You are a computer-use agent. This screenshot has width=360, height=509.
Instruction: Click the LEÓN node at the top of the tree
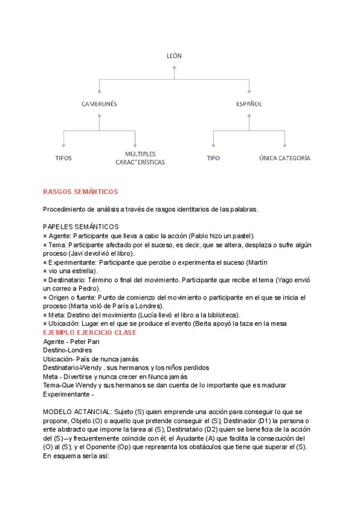pos(174,56)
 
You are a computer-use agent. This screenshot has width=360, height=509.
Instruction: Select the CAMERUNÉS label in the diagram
pos(99,104)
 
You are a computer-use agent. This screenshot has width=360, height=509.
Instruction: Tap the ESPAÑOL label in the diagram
pos(249,104)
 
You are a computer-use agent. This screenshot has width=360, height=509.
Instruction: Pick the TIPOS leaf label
pos(63,158)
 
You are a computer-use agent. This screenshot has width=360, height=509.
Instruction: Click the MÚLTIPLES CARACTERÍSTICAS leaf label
pos(140,158)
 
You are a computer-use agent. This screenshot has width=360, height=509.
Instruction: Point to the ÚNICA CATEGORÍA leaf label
pos(284,158)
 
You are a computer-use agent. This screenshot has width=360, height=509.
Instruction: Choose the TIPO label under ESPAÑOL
pos(213,158)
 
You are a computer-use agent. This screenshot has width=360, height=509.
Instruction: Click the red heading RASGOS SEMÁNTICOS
pos(80,191)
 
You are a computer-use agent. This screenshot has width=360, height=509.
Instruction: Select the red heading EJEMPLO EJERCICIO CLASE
pos(89,332)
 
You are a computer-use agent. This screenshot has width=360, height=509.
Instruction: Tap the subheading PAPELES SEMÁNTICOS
pos(81,226)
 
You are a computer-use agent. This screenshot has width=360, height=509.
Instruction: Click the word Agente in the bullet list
pos(59,235)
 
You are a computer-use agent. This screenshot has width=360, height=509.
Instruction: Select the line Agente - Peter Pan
pos(71,342)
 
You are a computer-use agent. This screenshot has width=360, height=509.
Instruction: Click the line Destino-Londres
pos(67,350)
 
